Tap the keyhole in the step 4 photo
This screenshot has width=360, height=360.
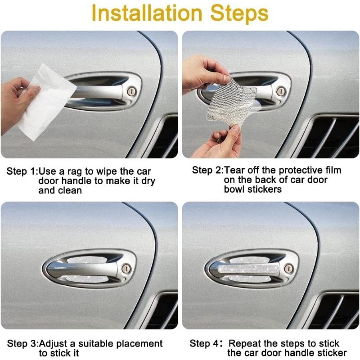[289, 269]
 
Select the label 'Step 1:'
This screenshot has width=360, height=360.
[22, 172]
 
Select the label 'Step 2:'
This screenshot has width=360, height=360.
[207, 170]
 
